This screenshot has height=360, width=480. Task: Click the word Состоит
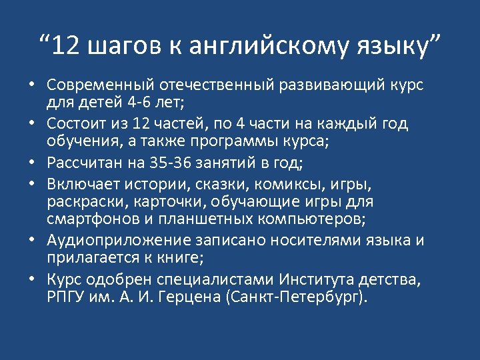click(x=78, y=124)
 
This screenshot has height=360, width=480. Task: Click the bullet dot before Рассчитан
click(x=31, y=163)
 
